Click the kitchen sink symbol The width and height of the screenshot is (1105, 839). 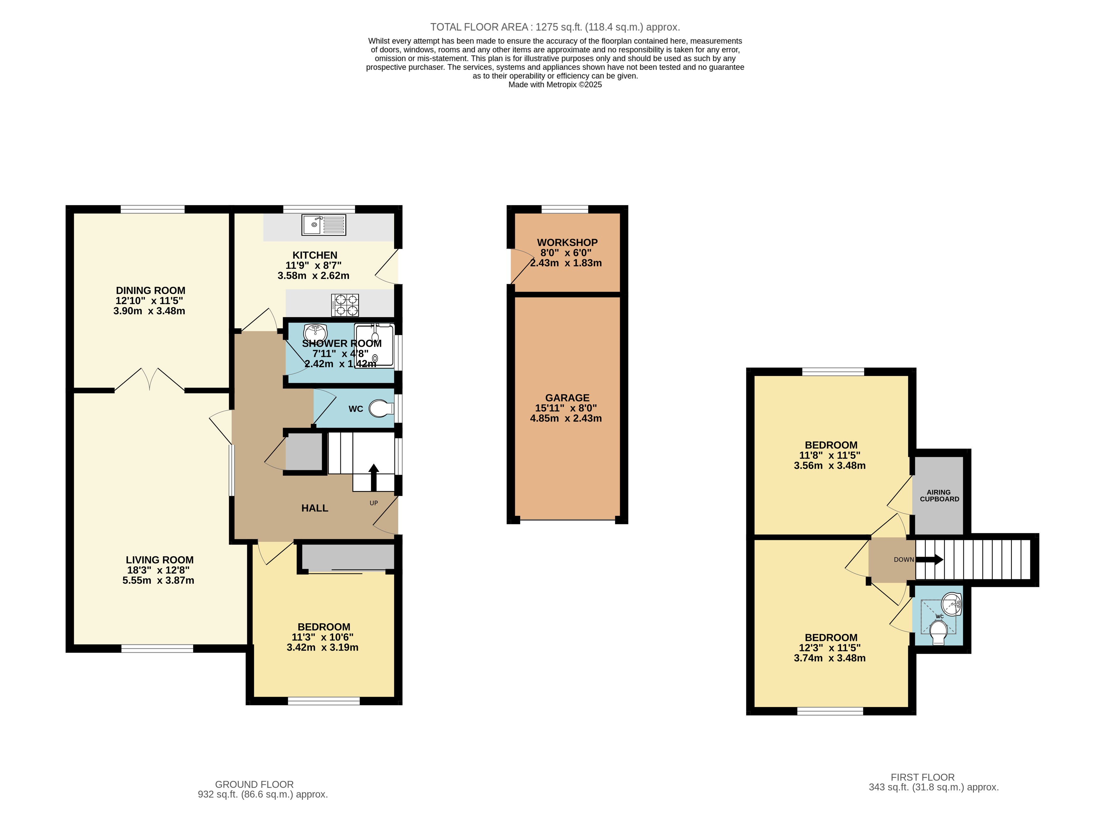323,225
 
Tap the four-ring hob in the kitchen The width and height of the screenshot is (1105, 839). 345,305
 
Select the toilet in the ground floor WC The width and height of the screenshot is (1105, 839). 381,409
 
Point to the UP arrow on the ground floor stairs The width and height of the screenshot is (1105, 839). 374,477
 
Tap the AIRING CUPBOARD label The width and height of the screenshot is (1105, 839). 939,495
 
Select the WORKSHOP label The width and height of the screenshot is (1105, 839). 567,243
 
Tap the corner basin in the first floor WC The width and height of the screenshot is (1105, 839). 951,604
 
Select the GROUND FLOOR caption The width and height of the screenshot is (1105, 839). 254,784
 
